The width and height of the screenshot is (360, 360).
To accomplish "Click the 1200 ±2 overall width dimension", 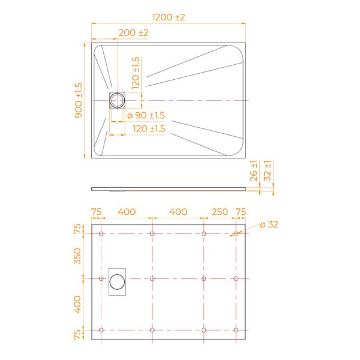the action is [169, 17].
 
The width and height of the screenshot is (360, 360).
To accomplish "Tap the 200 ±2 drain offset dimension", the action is [133, 33].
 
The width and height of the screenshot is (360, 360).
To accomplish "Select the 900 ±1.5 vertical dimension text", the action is [79, 101].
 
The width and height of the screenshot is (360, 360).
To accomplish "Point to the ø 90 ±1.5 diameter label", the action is [146, 115].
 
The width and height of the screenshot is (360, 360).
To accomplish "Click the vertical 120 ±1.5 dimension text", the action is [136, 73].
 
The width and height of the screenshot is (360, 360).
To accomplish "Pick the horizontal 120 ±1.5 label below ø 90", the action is [149, 128].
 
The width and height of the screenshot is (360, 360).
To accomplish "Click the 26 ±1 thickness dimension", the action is [253, 171].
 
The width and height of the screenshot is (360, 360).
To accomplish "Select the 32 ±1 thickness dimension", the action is [267, 171].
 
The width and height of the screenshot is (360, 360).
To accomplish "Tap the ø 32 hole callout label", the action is [269, 224].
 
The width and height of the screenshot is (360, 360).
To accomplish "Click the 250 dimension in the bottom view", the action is [220, 212].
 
